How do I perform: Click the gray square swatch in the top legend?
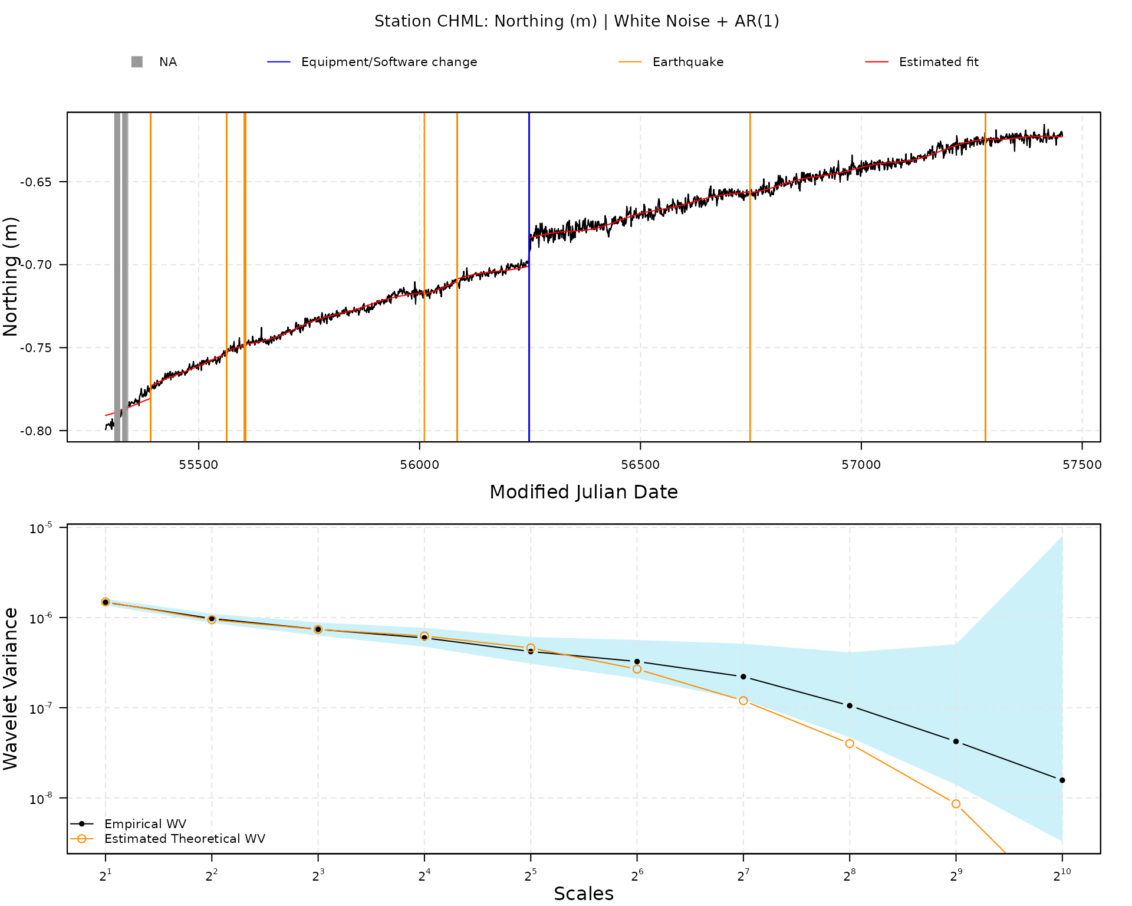click(x=137, y=62)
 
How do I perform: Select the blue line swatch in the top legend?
click(x=278, y=61)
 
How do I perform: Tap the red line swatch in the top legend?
click(x=877, y=61)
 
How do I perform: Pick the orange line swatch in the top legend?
click(x=630, y=61)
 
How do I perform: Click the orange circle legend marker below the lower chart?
click(x=82, y=839)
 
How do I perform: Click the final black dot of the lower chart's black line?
click(x=1062, y=780)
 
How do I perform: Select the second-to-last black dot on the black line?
click(x=956, y=741)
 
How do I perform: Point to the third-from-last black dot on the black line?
click(x=850, y=705)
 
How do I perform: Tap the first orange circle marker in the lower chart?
click(x=106, y=602)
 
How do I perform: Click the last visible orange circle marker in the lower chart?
click(x=956, y=803)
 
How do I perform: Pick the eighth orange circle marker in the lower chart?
click(x=850, y=744)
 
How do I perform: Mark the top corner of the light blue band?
click(x=1062, y=537)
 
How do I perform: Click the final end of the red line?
click(x=1062, y=137)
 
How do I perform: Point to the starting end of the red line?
click(x=106, y=415)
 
